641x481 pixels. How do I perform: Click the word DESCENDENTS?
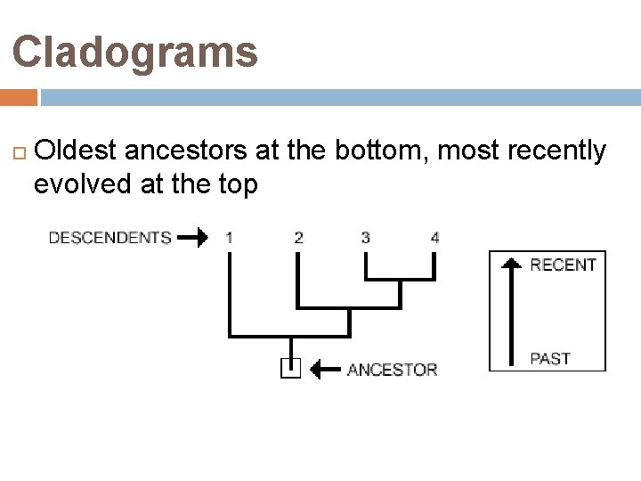pos(110,237)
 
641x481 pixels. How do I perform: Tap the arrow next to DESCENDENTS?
pos(192,237)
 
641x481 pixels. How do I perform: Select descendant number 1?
pos(230,237)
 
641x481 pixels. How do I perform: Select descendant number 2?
pos(298,237)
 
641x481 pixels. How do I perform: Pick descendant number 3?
pos(366,237)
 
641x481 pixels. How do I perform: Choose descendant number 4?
pos(434,237)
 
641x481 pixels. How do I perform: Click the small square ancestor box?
pos(290,368)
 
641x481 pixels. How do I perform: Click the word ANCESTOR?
pos(392,369)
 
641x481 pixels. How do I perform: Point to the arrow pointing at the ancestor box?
pos(326,368)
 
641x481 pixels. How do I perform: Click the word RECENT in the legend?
pos(563,265)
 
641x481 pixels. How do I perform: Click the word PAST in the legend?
pos(550,359)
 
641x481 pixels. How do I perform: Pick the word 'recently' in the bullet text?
pos(558,151)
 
